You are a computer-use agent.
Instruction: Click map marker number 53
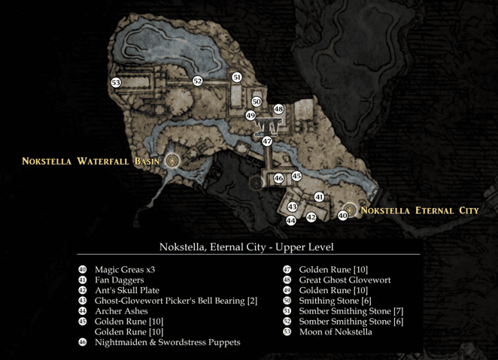point(116,83)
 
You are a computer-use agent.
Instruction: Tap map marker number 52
point(197,80)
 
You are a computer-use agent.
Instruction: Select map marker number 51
point(237,77)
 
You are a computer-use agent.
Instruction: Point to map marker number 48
point(278,109)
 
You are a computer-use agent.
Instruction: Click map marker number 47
point(267,141)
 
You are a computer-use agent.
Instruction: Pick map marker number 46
point(278,178)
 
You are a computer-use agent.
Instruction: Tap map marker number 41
point(319,197)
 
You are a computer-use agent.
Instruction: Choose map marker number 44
point(291,221)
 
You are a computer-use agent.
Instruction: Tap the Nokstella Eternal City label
point(419,210)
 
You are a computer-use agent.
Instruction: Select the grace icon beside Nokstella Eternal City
point(350,210)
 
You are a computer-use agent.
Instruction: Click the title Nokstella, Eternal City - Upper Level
point(247,247)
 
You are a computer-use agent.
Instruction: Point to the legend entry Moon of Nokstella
point(336,331)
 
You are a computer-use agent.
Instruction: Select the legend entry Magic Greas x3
point(125,269)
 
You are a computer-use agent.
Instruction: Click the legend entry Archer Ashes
point(121,311)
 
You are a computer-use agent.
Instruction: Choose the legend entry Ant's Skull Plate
point(127,290)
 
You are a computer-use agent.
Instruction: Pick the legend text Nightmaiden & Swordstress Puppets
point(167,342)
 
